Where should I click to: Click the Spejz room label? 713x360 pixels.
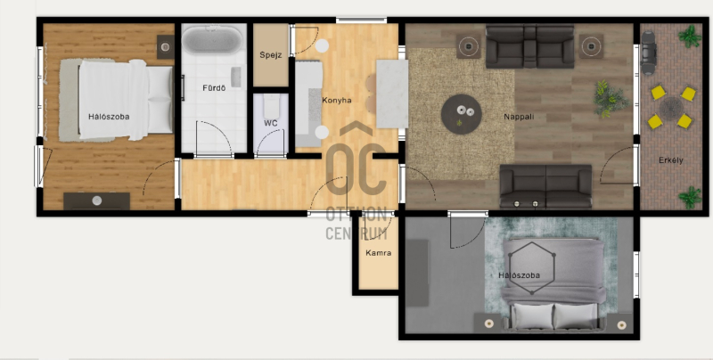(271, 55)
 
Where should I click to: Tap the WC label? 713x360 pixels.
(271, 123)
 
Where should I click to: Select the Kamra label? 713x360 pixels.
(378, 253)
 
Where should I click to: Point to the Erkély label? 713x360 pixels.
(671, 160)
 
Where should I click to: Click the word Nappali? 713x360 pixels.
(519, 117)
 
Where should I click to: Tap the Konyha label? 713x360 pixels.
(337, 100)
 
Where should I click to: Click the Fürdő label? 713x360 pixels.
(214, 87)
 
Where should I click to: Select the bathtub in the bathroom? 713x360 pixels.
(212, 39)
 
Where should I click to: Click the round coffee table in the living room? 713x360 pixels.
(461, 114)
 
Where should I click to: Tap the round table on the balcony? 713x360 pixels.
(671, 109)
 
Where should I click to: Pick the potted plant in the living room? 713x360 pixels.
(610, 99)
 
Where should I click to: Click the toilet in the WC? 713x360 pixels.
(271, 106)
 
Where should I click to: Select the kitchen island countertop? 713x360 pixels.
(392, 94)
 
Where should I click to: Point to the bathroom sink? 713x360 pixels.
(235, 78)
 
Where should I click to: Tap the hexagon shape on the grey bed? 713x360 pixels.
(532, 267)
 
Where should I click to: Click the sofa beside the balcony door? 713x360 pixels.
(545, 186)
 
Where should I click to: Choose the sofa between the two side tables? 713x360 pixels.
(529, 46)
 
